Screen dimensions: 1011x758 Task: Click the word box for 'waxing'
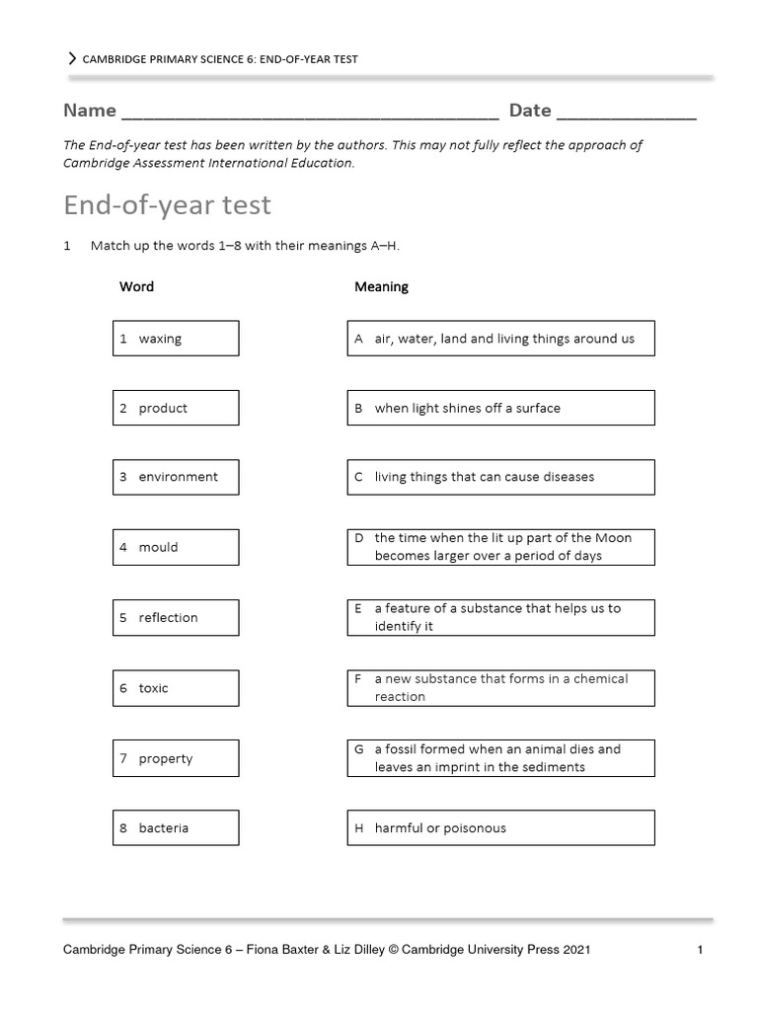pyautogui.click(x=175, y=339)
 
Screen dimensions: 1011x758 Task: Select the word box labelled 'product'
pyautogui.click(x=175, y=408)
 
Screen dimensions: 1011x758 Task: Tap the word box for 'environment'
pyautogui.click(x=175, y=477)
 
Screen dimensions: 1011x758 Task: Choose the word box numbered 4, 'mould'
pyautogui.click(x=175, y=547)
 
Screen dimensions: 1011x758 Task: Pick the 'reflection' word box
pyautogui.click(x=175, y=618)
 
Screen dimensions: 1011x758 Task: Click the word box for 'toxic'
pyautogui.click(x=175, y=688)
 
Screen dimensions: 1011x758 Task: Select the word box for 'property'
pyautogui.click(x=175, y=758)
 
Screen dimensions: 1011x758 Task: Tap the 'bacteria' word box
pyautogui.click(x=175, y=828)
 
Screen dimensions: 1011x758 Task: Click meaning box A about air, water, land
pyautogui.click(x=500, y=339)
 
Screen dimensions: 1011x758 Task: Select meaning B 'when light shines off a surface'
pyautogui.click(x=500, y=408)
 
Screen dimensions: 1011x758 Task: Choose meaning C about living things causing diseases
pyautogui.click(x=500, y=477)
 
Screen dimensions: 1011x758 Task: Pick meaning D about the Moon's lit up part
pyautogui.click(x=500, y=547)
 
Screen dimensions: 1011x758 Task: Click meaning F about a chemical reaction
pyautogui.click(x=500, y=688)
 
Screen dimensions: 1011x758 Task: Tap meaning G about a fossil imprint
pyautogui.click(x=500, y=758)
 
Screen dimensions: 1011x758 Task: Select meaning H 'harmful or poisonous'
pyautogui.click(x=500, y=828)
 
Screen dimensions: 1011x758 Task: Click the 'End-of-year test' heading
pyautogui.click(x=167, y=205)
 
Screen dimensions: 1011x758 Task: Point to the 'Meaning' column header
pyautogui.click(x=381, y=287)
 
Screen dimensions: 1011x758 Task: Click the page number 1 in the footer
pyautogui.click(x=699, y=951)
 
